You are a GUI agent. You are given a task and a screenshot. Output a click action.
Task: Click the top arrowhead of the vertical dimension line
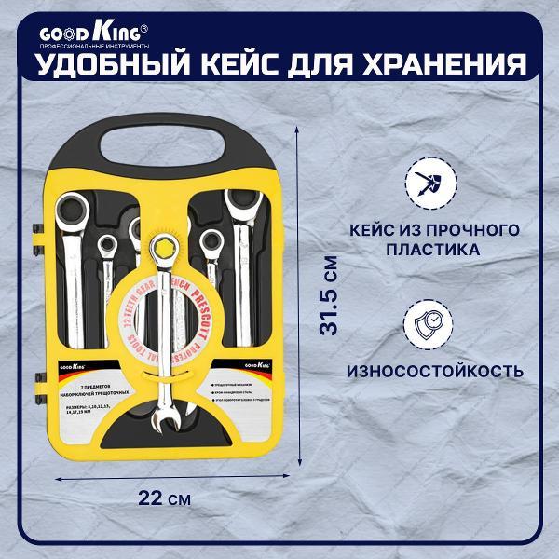[x=300, y=130]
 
